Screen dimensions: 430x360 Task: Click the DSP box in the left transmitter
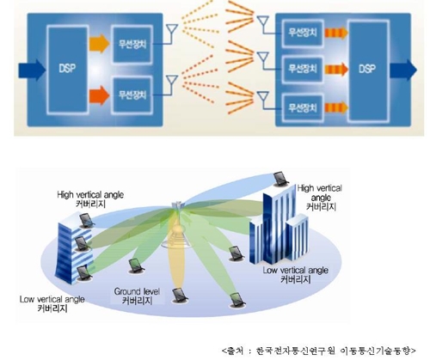coord(68,70)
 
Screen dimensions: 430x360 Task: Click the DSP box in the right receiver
coord(368,70)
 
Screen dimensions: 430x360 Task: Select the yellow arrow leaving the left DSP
coord(99,44)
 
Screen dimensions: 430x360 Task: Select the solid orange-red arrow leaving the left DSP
coord(99,95)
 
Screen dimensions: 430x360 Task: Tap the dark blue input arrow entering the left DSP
coord(32,70)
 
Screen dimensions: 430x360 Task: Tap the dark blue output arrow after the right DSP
coord(403,70)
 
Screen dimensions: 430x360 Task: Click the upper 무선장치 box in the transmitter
coord(132,44)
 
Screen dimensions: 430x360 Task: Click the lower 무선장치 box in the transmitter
coord(132,95)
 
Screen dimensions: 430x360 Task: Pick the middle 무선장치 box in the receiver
coord(303,69)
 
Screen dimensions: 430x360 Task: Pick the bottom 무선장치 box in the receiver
coord(303,108)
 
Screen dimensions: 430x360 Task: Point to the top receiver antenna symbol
coord(263,22)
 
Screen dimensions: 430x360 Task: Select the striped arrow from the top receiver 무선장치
coord(336,33)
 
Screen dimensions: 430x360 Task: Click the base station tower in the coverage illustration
coord(175,226)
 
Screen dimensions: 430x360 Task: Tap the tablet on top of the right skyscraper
coord(279,179)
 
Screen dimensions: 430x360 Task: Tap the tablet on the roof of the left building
coord(87,221)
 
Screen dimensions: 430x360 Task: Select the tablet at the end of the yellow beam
coord(180,296)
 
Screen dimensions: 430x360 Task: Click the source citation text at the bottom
coord(319,351)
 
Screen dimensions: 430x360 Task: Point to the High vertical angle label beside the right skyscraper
coord(320,198)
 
